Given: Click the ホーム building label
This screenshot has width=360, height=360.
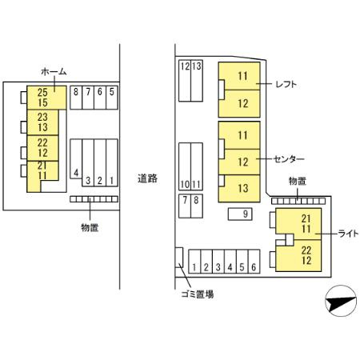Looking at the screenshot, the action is pos(54,72).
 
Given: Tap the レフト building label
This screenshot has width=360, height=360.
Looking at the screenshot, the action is pos(286,84).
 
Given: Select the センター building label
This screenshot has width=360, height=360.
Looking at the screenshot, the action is pos(289,159).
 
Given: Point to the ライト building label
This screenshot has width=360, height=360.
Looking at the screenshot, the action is pos(348,234).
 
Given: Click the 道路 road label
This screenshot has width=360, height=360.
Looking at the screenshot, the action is pos(147,178).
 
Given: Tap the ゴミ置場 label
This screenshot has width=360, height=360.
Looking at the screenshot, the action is pos(198,294).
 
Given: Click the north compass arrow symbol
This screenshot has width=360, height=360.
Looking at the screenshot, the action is pos(341,301).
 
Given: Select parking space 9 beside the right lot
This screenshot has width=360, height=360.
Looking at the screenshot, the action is pos(240,214).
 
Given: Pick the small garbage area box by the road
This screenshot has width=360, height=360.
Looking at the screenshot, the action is pos(179,258).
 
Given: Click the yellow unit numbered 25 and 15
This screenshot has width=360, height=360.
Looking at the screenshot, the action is pos(46,98).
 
